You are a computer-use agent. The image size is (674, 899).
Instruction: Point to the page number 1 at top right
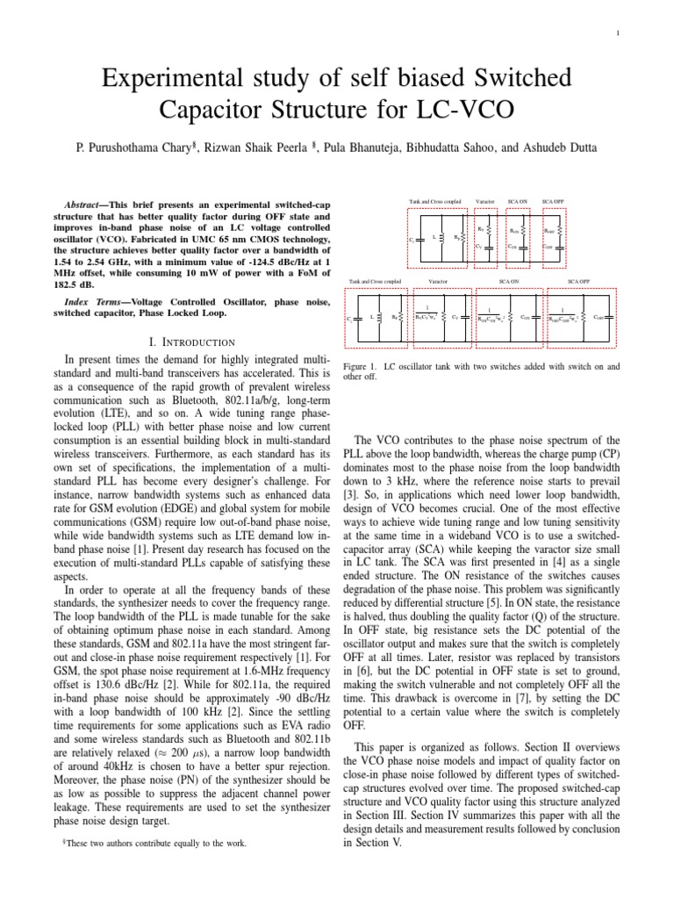pos(619,34)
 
